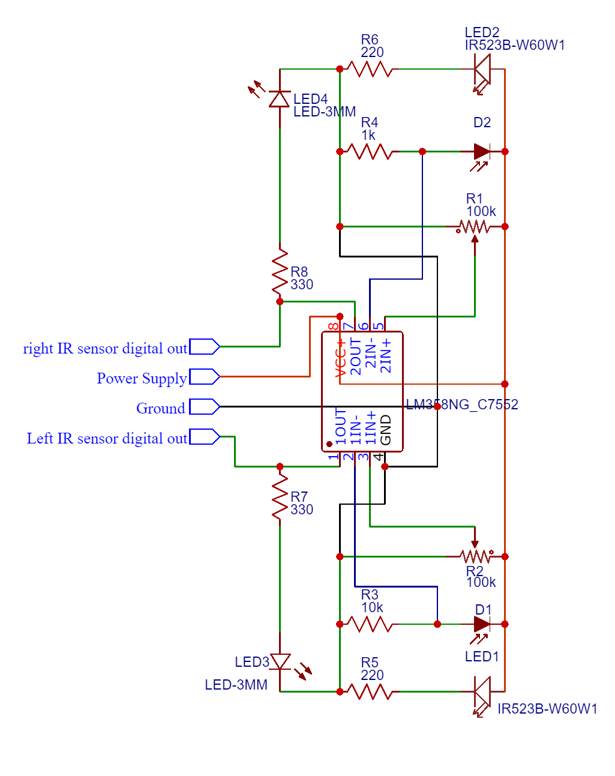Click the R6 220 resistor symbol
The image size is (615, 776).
click(x=370, y=70)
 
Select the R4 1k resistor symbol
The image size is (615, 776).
click(x=370, y=152)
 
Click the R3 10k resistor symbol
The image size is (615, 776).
click(x=370, y=625)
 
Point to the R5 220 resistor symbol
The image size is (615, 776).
click(x=370, y=692)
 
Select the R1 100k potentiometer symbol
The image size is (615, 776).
click(x=475, y=227)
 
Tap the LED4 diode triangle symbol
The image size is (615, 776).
click(x=280, y=98)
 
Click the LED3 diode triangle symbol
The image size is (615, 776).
click(x=280, y=662)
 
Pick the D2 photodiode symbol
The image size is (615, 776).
click(x=482, y=152)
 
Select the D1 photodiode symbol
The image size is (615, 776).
click(x=482, y=625)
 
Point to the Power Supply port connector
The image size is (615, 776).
click(x=205, y=377)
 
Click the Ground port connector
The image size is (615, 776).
click(x=205, y=407)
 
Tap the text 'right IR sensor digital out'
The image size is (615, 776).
click(x=105, y=349)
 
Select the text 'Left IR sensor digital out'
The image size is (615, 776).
click(x=107, y=439)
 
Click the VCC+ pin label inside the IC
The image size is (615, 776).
click(x=340, y=358)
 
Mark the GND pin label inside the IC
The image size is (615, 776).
click(x=386, y=430)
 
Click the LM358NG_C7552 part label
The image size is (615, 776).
click(x=462, y=405)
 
